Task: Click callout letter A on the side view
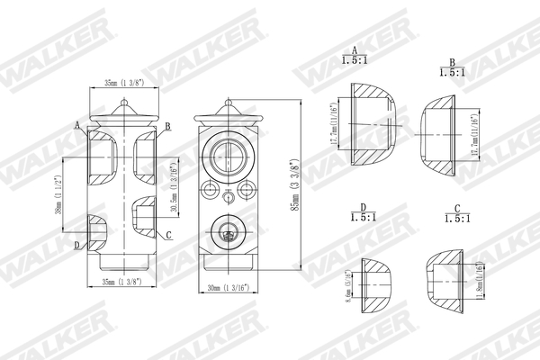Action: (79, 125)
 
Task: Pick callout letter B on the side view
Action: (167, 127)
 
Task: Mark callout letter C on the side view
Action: (167, 235)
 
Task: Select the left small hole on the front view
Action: (211, 191)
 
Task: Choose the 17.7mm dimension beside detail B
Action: (475, 136)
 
